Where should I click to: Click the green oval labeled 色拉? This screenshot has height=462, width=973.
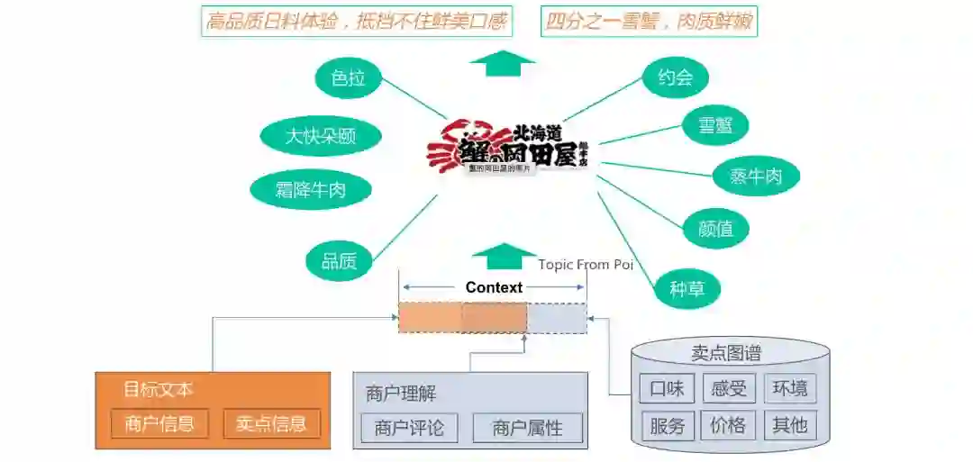point(348,78)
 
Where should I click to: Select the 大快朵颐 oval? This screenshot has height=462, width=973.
point(321,137)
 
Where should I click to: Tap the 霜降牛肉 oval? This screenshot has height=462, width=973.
point(310,189)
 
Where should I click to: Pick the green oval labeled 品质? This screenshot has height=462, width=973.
point(340,261)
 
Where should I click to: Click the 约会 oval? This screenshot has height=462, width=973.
point(676,77)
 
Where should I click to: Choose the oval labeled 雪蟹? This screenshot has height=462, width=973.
point(716,126)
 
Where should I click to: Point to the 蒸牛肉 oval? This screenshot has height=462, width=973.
point(755,177)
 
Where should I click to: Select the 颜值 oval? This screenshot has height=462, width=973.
point(716,229)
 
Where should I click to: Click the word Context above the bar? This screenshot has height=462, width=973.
point(494,288)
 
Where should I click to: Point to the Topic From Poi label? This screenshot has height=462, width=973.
point(587,264)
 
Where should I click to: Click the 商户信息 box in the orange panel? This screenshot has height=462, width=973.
point(159,423)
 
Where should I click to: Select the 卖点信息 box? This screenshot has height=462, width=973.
point(271,423)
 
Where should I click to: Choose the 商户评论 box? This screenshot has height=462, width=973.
point(409,428)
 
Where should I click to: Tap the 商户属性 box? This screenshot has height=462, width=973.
point(527,428)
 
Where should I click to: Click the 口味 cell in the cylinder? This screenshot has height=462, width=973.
point(667,389)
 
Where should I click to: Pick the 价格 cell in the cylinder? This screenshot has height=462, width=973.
point(728,425)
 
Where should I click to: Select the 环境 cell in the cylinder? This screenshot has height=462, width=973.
point(789,389)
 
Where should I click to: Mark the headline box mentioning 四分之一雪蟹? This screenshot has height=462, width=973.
point(649,21)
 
